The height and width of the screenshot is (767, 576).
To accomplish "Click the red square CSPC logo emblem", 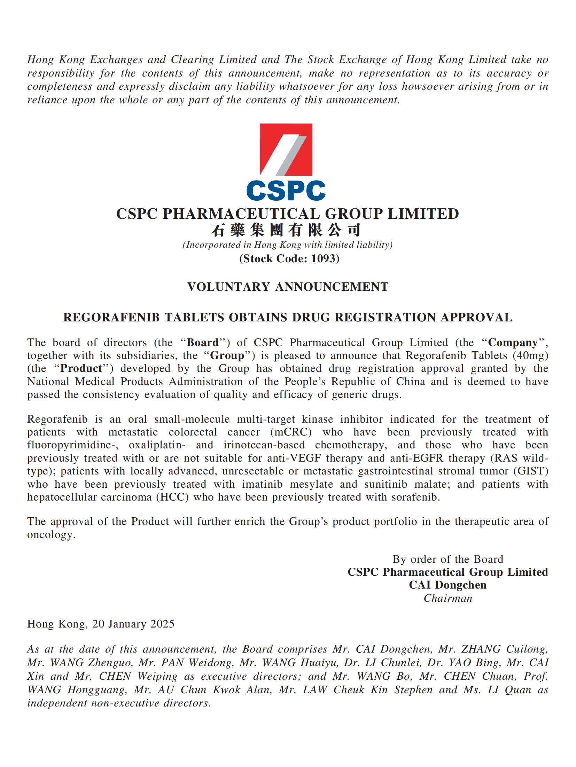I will [286, 149].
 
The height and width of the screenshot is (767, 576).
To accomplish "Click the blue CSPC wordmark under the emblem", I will [286, 191].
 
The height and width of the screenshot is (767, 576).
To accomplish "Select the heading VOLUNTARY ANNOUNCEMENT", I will [288, 287].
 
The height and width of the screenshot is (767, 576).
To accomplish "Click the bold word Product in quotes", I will [81, 368].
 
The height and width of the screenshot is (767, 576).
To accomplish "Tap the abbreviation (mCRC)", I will [291, 432].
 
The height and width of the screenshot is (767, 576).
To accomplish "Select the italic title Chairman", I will [448, 598].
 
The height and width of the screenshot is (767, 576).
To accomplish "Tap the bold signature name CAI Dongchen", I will [447, 585].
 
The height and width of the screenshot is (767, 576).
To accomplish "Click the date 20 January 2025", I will [133, 624].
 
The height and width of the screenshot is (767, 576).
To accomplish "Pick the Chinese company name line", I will [286, 230].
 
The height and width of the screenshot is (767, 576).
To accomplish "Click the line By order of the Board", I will [447, 559].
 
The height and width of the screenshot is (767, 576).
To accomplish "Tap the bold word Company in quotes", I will [513, 343].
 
